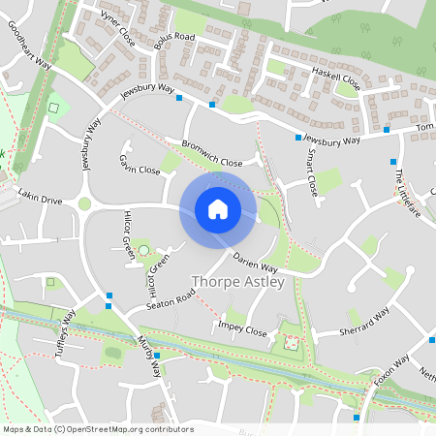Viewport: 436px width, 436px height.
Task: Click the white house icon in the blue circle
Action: (x=218, y=209)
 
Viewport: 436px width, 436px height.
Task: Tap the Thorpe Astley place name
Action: (x=237, y=282)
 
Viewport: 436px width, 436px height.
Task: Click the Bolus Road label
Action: (x=174, y=42)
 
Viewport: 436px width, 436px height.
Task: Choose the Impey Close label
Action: (x=243, y=329)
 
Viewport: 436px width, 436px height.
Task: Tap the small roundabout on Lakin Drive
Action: (x=84, y=204)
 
